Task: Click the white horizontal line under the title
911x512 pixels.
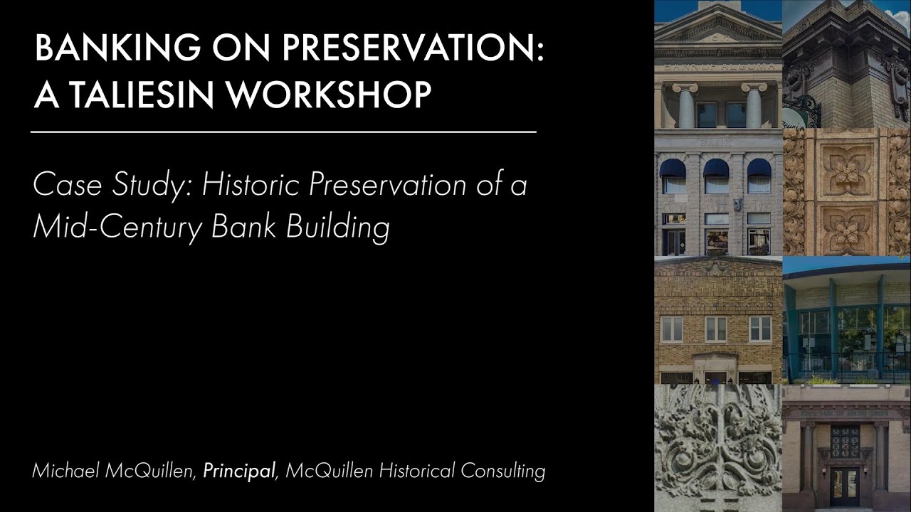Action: coord(283,132)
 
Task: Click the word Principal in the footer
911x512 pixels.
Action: coord(239,471)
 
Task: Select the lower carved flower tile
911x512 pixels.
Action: coord(846,228)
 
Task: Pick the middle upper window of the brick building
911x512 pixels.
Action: coord(715,329)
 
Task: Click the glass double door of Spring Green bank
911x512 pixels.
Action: coord(845,486)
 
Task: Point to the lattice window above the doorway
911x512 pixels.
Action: coord(845,442)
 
